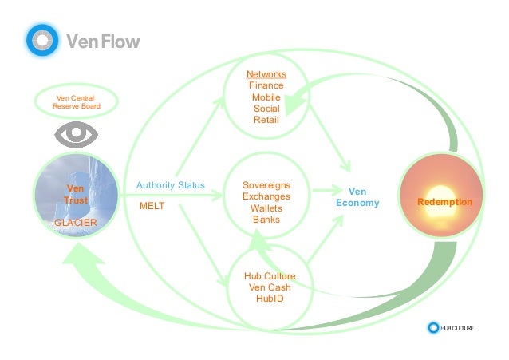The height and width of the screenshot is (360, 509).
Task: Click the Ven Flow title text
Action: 101,41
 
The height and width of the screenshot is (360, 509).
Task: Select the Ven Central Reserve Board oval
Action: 77,101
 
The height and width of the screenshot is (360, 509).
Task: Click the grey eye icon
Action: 76,134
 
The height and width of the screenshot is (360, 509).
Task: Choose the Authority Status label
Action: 170,186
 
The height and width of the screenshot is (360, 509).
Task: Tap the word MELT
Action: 152,206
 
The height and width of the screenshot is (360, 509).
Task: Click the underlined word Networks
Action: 266,74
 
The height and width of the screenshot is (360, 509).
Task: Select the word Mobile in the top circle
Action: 266,97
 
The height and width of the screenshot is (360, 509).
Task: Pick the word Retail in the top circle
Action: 266,120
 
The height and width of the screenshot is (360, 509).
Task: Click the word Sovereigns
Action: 266,185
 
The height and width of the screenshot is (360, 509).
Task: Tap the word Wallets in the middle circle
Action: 266,208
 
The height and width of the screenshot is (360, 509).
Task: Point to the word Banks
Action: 266,219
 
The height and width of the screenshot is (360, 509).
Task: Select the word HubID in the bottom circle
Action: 269,299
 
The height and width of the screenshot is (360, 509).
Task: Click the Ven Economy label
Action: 357,197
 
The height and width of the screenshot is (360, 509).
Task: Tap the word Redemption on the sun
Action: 444,203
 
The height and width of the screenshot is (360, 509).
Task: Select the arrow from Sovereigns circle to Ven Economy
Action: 324,191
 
